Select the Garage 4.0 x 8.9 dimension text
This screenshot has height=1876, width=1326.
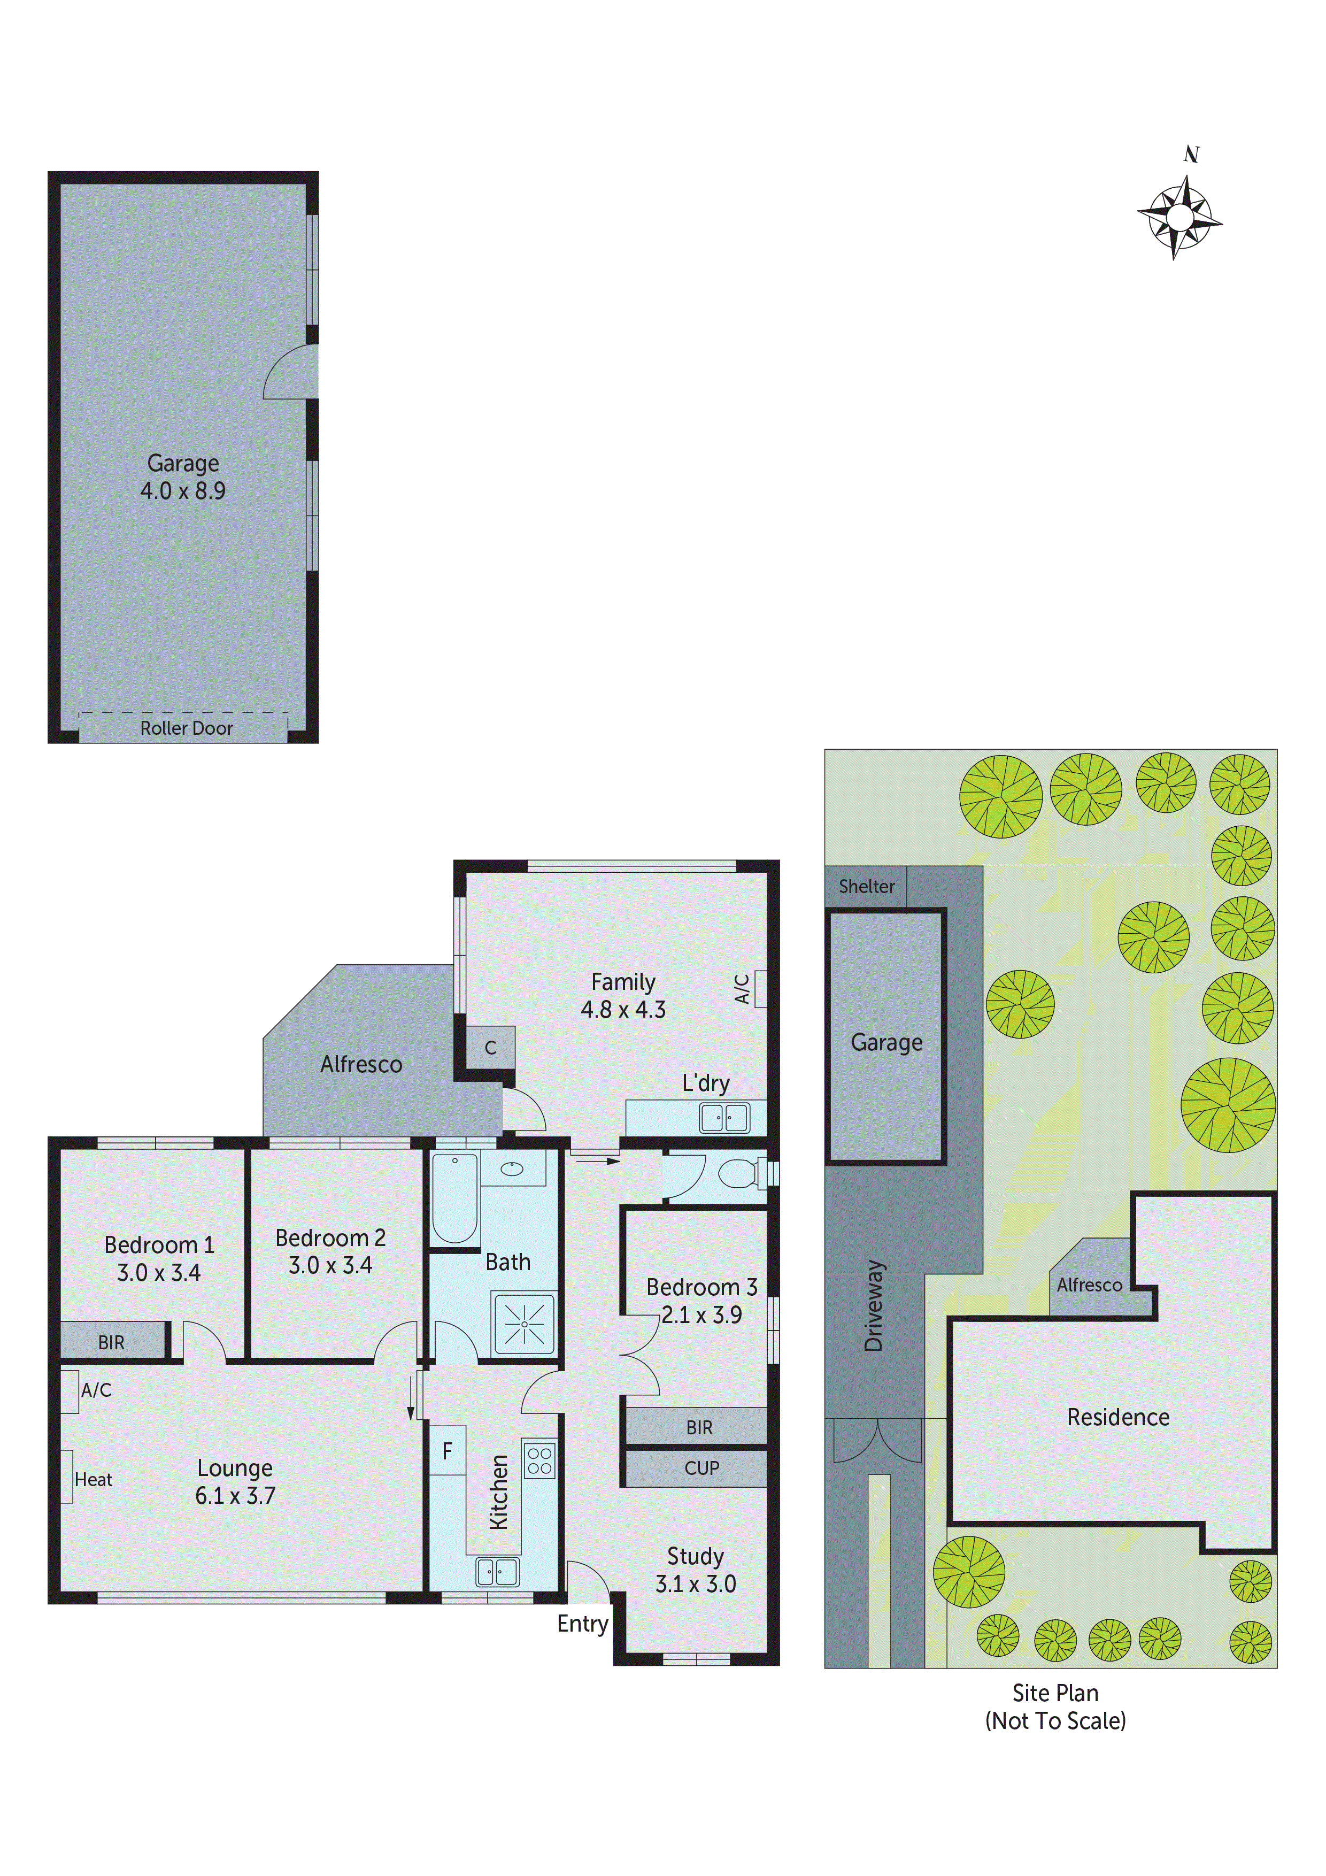pyautogui.click(x=183, y=490)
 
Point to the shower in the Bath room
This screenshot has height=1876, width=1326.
pyautogui.click(x=523, y=1323)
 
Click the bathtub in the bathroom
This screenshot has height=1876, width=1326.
pyautogui.click(x=454, y=1198)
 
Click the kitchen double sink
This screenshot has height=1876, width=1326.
pyautogui.click(x=497, y=1571)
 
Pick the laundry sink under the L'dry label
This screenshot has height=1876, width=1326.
pyautogui.click(x=724, y=1117)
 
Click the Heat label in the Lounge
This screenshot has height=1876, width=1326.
pyautogui.click(x=93, y=1480)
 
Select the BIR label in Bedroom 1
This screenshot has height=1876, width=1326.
pyautogui.click(x=111, y=1342)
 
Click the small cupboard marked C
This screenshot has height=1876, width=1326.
pyautogui.click(x=490, y=1048)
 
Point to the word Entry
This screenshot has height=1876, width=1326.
pyautogui.click(x=582, y=1624)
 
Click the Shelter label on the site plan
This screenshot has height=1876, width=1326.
pyautogui.click(x=866, y=887)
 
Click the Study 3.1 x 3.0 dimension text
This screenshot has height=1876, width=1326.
pyautogui.click(x=695, y=1583)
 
